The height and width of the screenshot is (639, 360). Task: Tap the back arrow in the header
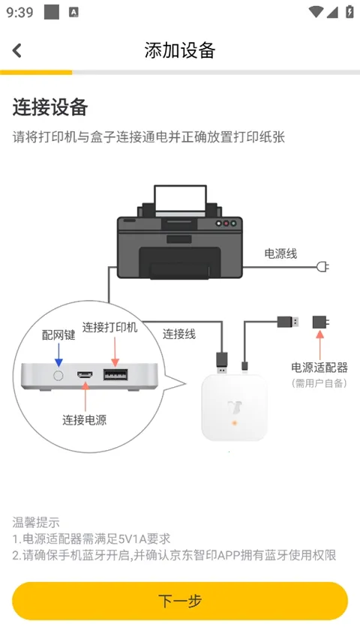point(17,50)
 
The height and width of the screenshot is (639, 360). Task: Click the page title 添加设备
point(180,50)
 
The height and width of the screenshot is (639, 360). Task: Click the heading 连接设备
point(50,107)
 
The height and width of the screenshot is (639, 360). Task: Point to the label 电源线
point(280,253)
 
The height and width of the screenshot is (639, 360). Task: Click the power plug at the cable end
point(324,267)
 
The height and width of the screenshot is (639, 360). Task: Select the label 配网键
point(58,335)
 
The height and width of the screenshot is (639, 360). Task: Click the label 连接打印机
point(110,328)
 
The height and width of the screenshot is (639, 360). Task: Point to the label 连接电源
point(84,420)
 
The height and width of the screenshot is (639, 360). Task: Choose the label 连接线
point(179,334)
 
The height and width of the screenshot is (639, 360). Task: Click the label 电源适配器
point(320,367)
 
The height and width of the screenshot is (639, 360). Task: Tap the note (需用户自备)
point(320,383)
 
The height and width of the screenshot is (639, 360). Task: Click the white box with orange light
point(233,408)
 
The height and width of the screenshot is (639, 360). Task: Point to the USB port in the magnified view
point(115,374)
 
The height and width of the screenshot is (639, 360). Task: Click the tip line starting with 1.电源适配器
point(91,538)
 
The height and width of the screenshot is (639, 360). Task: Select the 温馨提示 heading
point(36,522)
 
